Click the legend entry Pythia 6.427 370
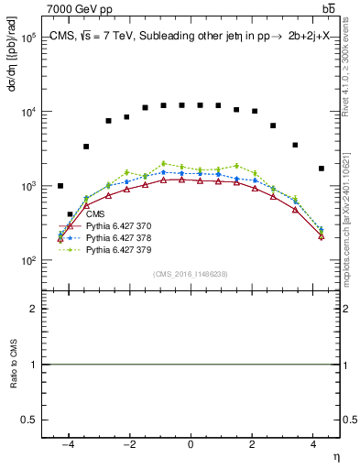click(x=118, y=226)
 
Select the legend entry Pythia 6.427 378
click(x=118, y=237)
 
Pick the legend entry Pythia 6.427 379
click(x=118, y=248)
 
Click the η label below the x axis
click(x=335, y=455)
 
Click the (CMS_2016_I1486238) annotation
click(x=191, y=274)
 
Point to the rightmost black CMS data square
click(x=321, y=169)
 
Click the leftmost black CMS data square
click(x=60, y=186)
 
